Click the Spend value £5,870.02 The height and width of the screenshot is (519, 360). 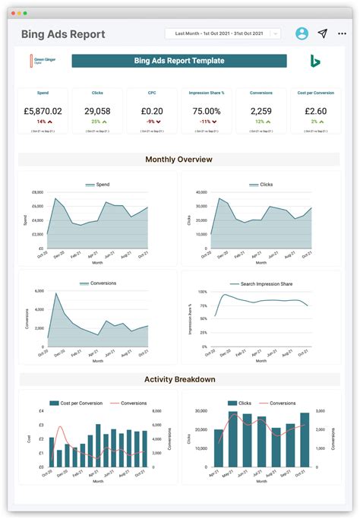click(43, 111)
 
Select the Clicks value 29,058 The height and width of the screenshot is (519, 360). click(97, 111)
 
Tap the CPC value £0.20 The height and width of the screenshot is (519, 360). click(152, 111)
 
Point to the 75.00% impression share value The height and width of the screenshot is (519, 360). click(207, 111)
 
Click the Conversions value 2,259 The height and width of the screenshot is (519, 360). click(261, 111)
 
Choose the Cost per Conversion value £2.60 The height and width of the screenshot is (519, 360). click(315, 111)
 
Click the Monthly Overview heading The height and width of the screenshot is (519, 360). click(178, 160)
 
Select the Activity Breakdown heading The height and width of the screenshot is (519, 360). click(179, 379)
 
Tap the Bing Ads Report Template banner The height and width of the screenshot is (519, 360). click(179, 61)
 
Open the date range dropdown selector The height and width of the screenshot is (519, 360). click(223, 33)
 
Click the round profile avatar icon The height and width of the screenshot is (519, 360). click(302, 33)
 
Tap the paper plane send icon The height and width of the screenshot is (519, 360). click(323, 33)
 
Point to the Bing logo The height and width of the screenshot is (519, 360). click(314, 61)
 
